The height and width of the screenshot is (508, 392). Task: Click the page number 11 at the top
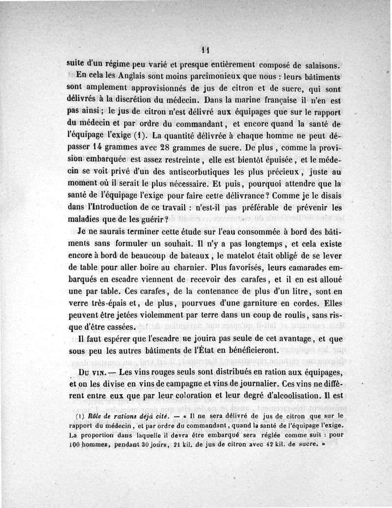205,49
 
